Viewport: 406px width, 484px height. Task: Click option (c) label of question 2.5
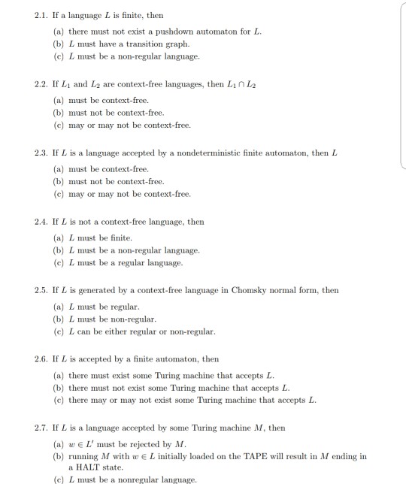[x=58, y=331]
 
